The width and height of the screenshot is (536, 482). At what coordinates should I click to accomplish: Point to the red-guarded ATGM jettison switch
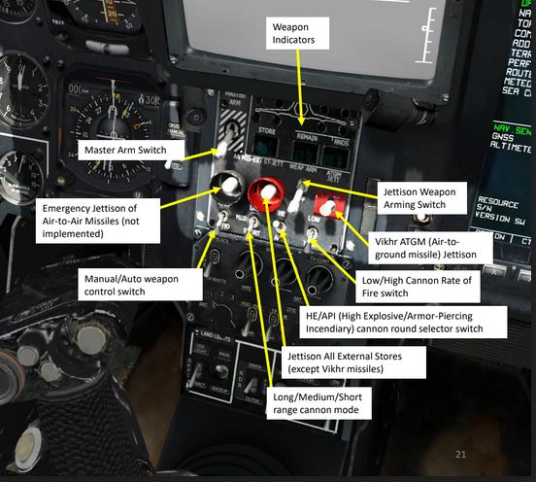[x=329, y=206]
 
